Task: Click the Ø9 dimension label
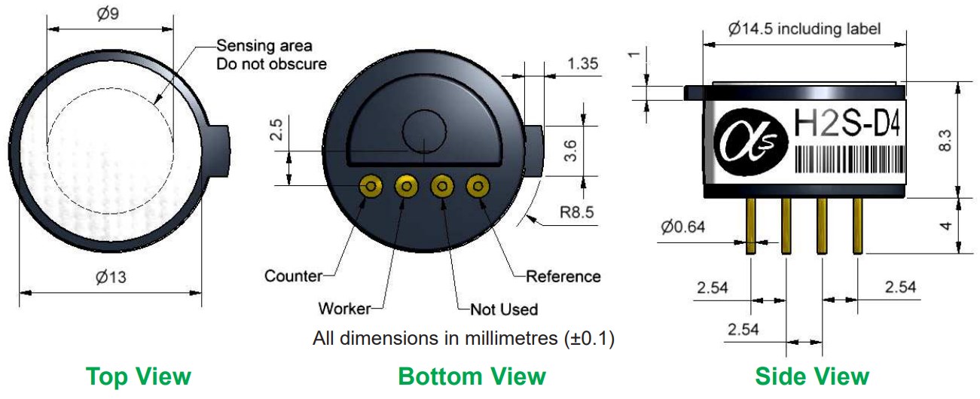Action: pyautogui.click(x=108, y=13)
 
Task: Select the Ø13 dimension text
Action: pyautogui.click(x=111, y=277)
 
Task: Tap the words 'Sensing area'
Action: pyautogui.click(x=264, y=45)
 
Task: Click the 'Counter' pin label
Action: pyautogui.click(x=293, y=276)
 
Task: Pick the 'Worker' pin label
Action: pyautogui.click(x=344, y=309)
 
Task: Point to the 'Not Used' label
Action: pyautogui.click(x=504, y=309)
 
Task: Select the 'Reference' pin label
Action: pyautogui.click(x=563, y=276)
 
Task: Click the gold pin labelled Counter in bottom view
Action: pyautogui.click(x=371, y=186)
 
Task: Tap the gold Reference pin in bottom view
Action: pyautogui.click(x=478, y=186)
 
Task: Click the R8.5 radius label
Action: pyautogui.click(x=576, y=212)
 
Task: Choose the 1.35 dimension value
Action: pyautogui.click(x=582, y=64)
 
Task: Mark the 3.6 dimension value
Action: pyautogui.click(x=570, y=151)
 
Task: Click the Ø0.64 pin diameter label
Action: pyautogui.click(x=682, y=227)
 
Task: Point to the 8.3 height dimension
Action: pyautogui.click(x=945, y=140)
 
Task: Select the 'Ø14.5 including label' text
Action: pyautogui.click(x=804, y=29)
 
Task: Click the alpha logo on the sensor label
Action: pyautogui.click(x=751, y=142)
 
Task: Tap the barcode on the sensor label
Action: pyautogui.click(x=849, y=159)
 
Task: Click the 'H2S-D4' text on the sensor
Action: pyautogui.click(x=847, y=123)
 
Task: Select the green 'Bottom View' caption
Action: pyautogui.click(x=472, y=376)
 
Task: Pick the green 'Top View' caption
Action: pyautogui.click(x=139, y=376)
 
